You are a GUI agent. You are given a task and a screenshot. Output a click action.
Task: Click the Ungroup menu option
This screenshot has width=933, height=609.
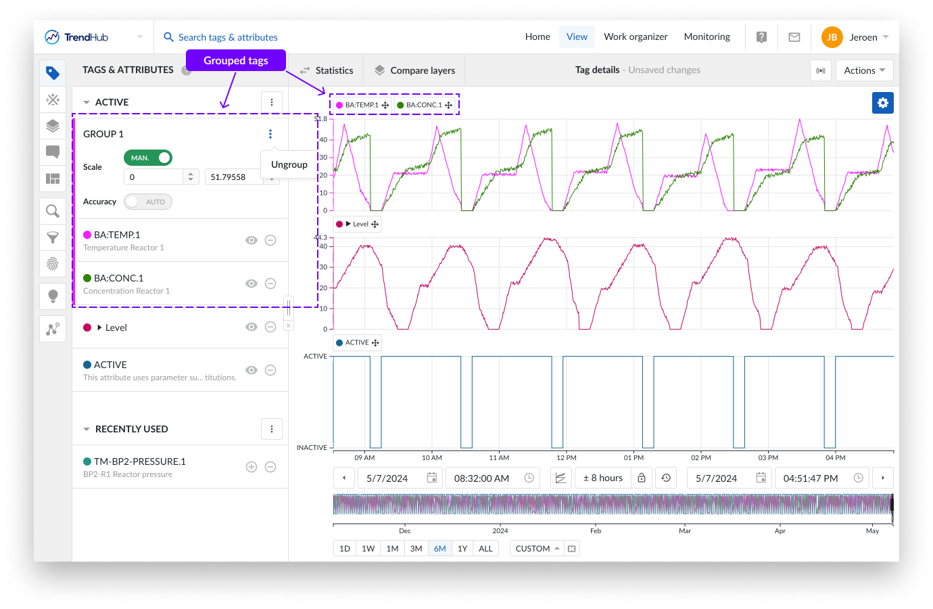point(289,164)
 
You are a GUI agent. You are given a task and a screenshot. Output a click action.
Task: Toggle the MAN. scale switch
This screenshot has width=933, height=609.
point(148,158)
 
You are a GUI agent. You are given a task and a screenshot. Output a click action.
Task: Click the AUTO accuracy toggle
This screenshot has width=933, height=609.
point(148,202)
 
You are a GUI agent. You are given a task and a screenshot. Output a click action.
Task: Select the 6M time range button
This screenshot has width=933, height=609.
point(439,549)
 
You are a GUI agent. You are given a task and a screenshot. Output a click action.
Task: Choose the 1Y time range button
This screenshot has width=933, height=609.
point(462,549)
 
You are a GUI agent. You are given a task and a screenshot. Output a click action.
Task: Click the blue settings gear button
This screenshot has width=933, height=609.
point(882,103)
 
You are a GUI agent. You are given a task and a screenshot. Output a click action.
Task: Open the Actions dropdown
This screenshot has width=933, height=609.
point(864,70)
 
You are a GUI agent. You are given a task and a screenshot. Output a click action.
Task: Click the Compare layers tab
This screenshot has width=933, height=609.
point(415,70)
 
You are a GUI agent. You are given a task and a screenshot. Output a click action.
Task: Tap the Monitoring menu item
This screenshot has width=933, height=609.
point(707,37)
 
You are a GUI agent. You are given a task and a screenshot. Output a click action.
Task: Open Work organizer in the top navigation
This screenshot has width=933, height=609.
point(636,37)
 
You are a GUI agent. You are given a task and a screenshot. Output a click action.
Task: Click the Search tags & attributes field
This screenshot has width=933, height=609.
point(228,37)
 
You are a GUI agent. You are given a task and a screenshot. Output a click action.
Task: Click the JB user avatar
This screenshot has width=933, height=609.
point(832,37)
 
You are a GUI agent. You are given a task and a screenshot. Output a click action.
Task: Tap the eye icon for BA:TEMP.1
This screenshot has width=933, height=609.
point(252,240)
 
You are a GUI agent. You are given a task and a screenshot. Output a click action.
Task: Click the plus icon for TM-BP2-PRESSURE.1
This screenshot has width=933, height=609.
point(252,467)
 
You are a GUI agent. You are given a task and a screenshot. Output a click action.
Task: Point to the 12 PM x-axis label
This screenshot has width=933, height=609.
point(567,458)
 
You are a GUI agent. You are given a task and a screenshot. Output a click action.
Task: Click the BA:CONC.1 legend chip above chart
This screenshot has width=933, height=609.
point(424,105)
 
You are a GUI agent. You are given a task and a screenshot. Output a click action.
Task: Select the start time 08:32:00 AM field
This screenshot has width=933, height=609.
point(481,478)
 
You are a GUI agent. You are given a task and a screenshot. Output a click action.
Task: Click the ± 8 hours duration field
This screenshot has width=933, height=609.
point(602,478)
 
